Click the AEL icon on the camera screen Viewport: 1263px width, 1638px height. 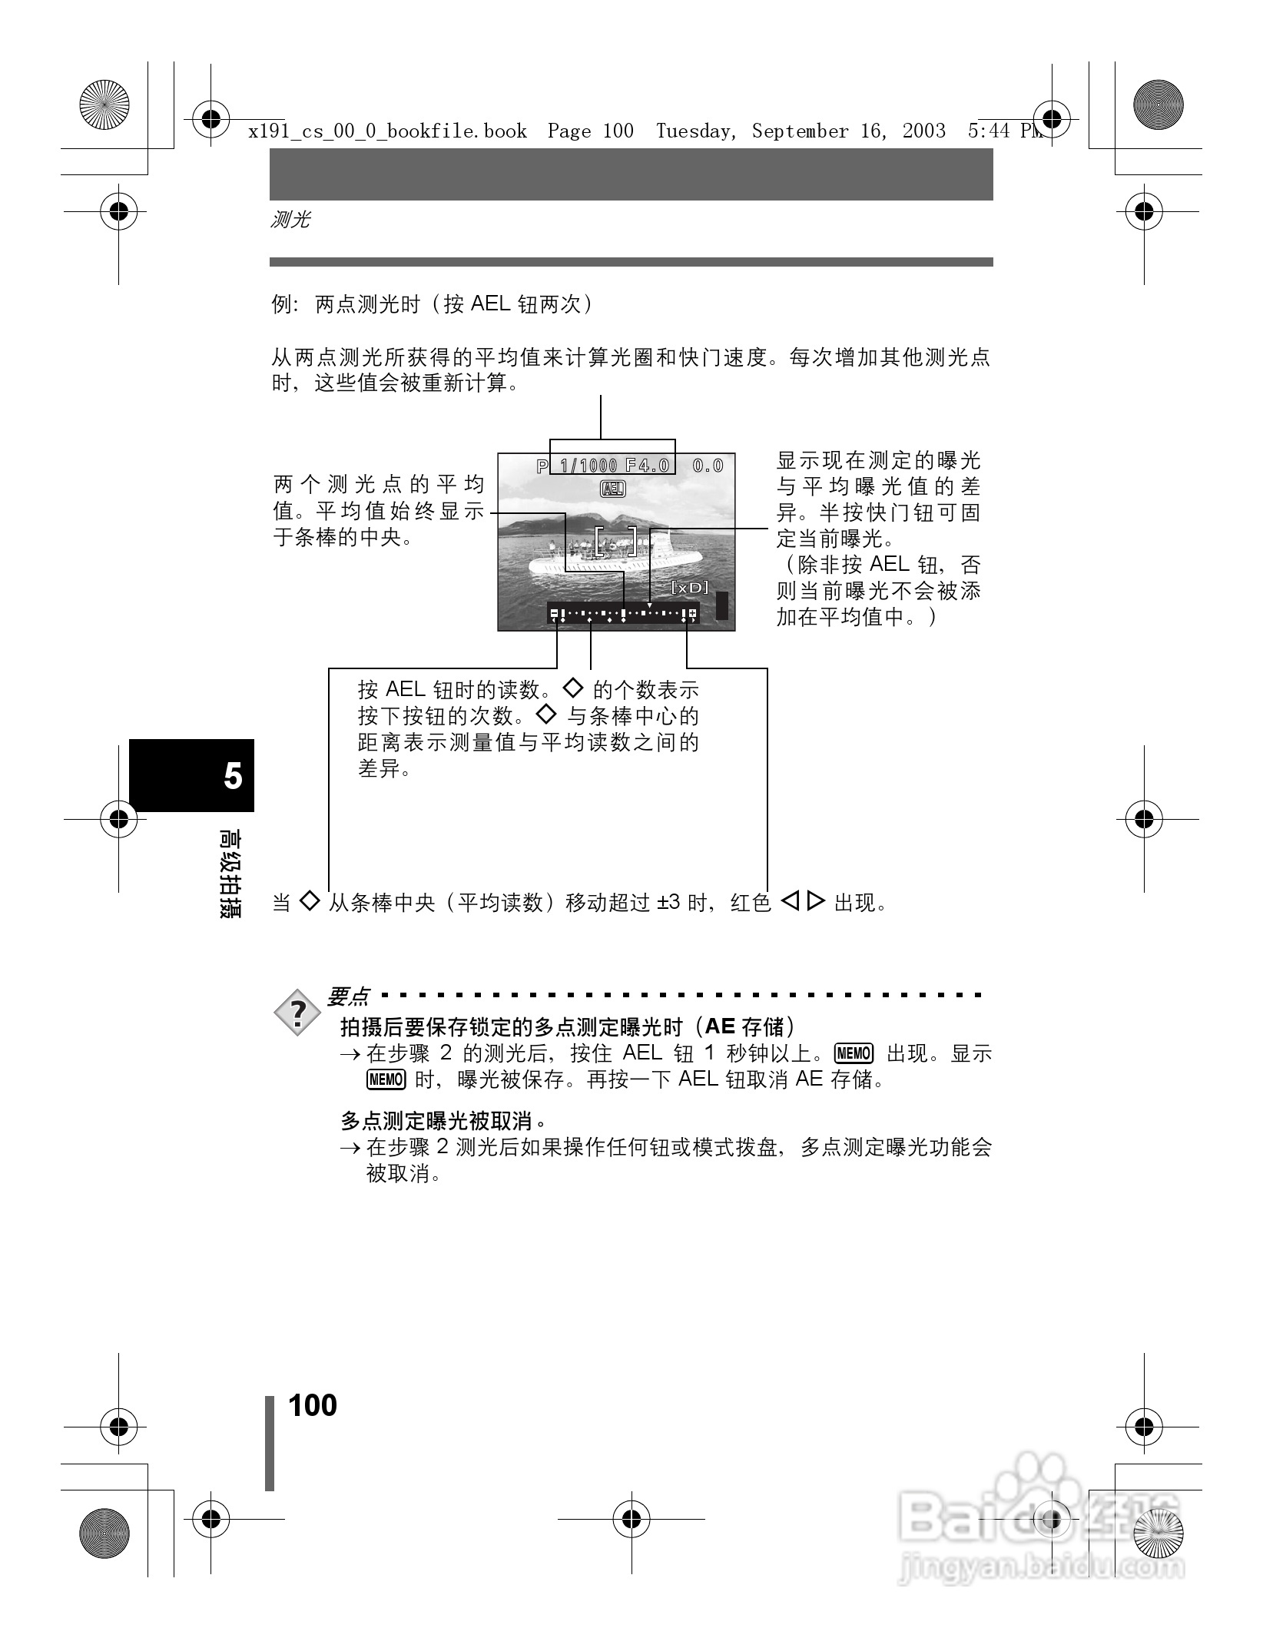pyautogui.click(x=613, y=489)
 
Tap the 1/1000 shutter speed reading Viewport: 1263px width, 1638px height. pyautogui.click(x=588, y=466)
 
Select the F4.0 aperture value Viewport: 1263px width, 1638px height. pyautogui.click(x=647, y=466)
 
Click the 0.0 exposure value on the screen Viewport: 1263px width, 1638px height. pyautogui.click(x=708, y=466)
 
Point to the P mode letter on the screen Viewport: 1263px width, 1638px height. pyautogui.click(x=542, y=466)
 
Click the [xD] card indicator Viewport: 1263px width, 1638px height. pyautogui.click(x=690, y=588)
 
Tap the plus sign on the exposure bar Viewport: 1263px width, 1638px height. pyautogui.click(x=693, y=613)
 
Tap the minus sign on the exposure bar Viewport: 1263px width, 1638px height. pyautogui.click(x=555, y=613)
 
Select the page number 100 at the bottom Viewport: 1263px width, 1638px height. pyautogui.click(x=313, y=1406)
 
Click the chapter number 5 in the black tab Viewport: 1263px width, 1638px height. pyautogui.click(x=233, y=777)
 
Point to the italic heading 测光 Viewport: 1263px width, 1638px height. pyautogui.click(x=290, y=220)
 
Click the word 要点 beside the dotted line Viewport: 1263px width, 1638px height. pyautogui.click(x=348, y=997)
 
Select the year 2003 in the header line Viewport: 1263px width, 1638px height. pyautogui.click(x=923, y=131)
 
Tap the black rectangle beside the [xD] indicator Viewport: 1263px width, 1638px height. pyautogui.click(x=722, y=605)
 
